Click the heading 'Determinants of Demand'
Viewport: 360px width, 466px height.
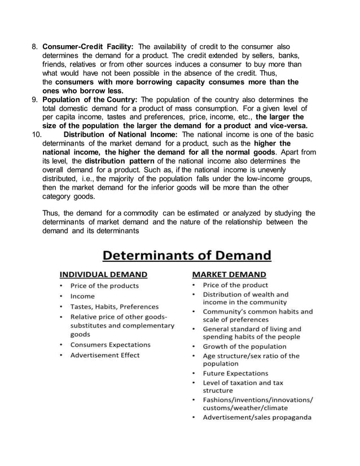pos(186,256)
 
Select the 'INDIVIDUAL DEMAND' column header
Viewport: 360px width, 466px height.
pos(104,275)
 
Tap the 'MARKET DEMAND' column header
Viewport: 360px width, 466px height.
pos(229,275)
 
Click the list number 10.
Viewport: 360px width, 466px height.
pos(34,134)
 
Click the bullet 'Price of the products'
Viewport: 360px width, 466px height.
pos(104,285)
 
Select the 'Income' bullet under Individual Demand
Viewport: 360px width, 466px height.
pos(82,296)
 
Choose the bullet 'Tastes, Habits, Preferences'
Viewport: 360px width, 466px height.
pos(114,307)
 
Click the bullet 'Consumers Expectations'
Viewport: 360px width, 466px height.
pos(110,345)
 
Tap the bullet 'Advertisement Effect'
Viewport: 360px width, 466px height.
pos(104,355)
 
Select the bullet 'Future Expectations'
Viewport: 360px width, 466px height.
pos(235,373)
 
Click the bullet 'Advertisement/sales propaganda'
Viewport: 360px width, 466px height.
pos(257,417)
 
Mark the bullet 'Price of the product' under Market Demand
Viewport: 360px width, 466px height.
pos(235,285)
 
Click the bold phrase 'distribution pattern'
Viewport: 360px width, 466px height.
pos(116,160)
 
